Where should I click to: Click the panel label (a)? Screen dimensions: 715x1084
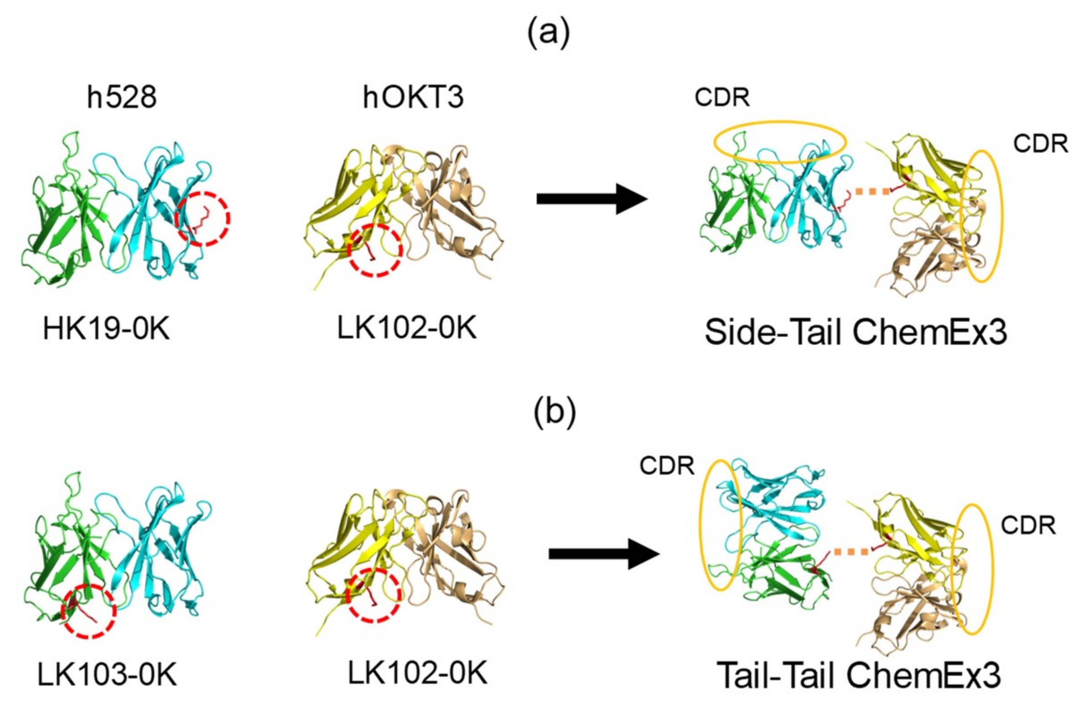click(548, 35)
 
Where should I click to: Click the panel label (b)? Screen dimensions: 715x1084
click(554, 414)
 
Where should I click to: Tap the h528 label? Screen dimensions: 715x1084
click(122, 97)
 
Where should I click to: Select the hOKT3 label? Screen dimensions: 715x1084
click(413, 97)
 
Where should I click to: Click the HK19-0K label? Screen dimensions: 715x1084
click(106, 329)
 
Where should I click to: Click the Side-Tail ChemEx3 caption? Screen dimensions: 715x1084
click(856, 333)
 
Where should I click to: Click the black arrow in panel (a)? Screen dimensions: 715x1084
click(592, 199)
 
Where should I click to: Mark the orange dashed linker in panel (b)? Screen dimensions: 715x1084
click(851, 552)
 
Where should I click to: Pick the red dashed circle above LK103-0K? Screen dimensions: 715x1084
click(89, 611)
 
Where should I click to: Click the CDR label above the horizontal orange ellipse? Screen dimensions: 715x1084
click(722, 97)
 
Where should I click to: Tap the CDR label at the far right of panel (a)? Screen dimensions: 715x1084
click(1041, 144)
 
